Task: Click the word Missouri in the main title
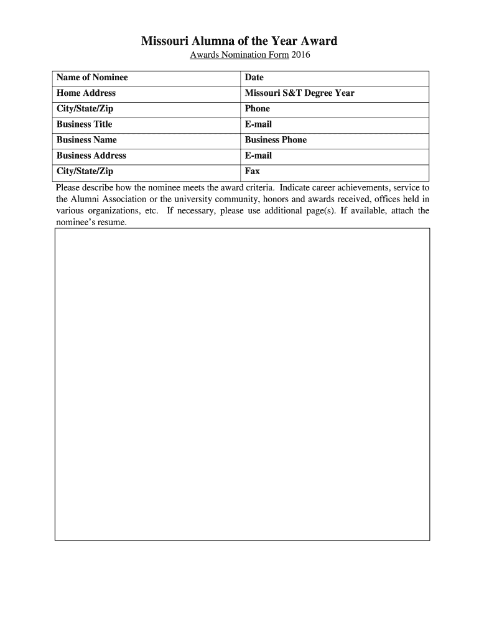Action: (163, 42)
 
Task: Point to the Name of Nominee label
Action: (92, 78)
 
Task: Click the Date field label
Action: (254, 78)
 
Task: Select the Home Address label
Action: (86, 93)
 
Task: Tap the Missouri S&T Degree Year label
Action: (299, 93)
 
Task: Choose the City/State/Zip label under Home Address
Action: (85, 109)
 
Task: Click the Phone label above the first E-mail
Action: (257, 109)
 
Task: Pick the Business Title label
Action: (84, 124)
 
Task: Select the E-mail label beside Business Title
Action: (258, 124)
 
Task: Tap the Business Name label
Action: (86, 140)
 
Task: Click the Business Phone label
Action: (276, 140)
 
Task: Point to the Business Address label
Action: (91, 156)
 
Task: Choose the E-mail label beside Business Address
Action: (258, 156)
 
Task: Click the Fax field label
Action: (252, 171)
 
